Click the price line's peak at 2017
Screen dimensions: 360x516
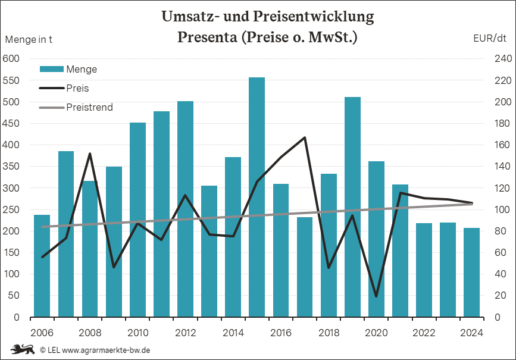[x=305, y=137]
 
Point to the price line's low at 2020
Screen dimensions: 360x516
[x=376, y=296]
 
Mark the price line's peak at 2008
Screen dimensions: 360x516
[x=90, y=154]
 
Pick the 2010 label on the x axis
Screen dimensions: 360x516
[x=137, y=332]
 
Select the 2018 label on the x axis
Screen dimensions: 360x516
[x=329, y=332]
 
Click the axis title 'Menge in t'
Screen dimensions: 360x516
[x=29, y=40]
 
